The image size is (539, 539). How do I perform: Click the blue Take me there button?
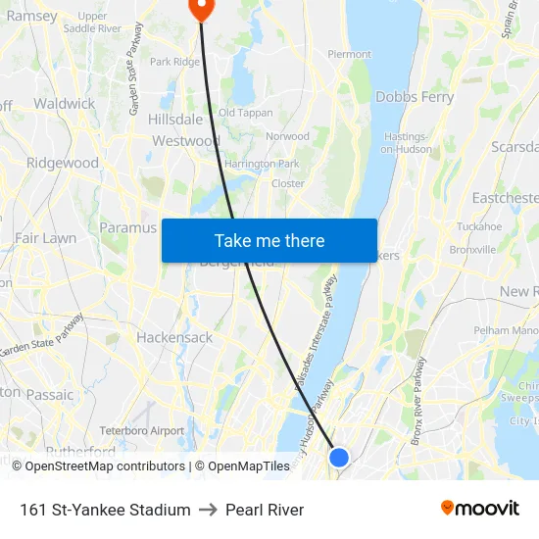click(x=269, y=240)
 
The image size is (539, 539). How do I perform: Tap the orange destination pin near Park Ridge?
click(x=201, y=9)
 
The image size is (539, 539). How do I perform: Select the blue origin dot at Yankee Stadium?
click(x=339, y=457)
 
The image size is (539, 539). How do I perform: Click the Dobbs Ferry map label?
click(x=415, y=97)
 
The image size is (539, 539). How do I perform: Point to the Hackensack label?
click(x=174, y=337)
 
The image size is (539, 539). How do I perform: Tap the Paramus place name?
click(x=127, y=227)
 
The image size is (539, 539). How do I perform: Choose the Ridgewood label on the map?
click(x=63, y=163)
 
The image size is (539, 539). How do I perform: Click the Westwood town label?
click(x=185, y=141)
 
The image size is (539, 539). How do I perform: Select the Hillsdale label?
click(x=175, y=119)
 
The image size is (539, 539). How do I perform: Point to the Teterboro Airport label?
click(x=142, y=430)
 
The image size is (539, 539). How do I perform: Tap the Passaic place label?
click(x=49, y=395)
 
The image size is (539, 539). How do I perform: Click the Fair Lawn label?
click(x=45, y=238)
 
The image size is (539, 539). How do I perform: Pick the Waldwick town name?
click(x=64, y=103)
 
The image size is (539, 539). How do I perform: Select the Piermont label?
click(x=349, y=54)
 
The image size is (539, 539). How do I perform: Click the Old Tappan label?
click(x=246, y=113)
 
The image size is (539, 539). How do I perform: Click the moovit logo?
click(x=480, y=509)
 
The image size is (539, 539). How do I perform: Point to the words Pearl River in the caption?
click(x=265, y=510)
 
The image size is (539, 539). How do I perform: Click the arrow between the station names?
click(x=208, y=510)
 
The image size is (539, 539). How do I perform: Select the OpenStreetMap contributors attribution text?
click(x=105, y=466)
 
